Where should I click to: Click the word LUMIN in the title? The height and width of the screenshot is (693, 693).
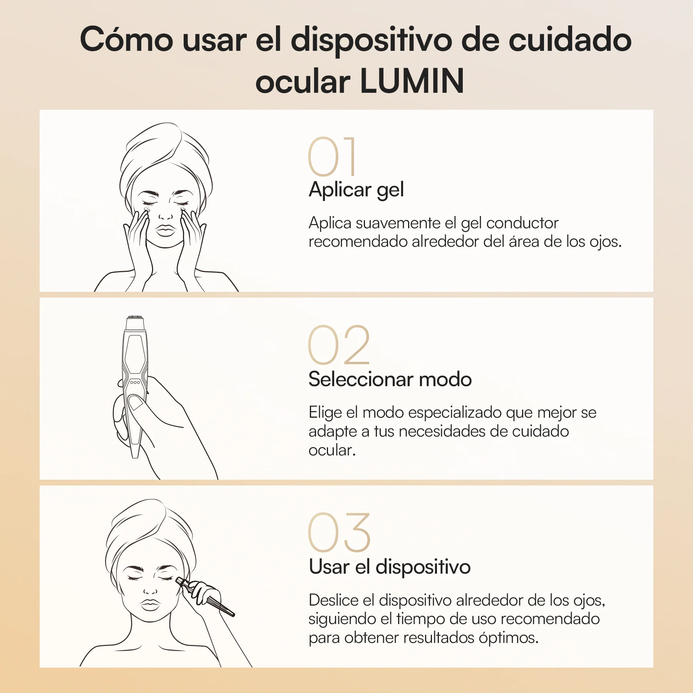(412, 81)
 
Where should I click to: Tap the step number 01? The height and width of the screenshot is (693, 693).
(332, 157)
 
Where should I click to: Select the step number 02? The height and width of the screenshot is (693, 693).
(339, 345)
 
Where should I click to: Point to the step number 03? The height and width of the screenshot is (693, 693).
(339, 532)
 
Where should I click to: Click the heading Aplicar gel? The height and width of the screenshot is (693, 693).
(356, 190)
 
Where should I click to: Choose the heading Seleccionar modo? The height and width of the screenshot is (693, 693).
(390, 379)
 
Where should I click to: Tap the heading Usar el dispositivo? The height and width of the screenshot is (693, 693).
(390, 567)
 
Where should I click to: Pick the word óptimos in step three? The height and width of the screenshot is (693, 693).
(508, 638)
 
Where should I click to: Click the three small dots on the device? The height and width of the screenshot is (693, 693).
(135, 382)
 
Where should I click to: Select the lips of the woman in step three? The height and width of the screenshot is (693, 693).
(150, 604)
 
